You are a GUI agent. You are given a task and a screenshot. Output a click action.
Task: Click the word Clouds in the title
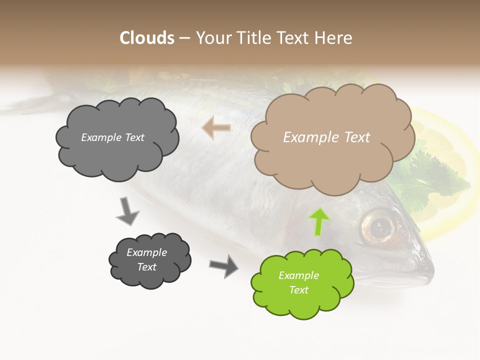147,38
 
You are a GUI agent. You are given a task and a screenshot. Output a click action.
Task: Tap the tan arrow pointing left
216,127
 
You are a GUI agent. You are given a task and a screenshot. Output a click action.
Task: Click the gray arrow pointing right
224,265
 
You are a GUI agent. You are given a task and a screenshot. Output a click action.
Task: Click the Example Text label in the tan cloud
327,137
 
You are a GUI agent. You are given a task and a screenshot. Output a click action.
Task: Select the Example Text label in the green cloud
298,282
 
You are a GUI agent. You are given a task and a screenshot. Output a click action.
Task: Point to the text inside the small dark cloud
147,259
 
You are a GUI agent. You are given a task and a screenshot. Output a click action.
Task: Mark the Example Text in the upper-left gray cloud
113,137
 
